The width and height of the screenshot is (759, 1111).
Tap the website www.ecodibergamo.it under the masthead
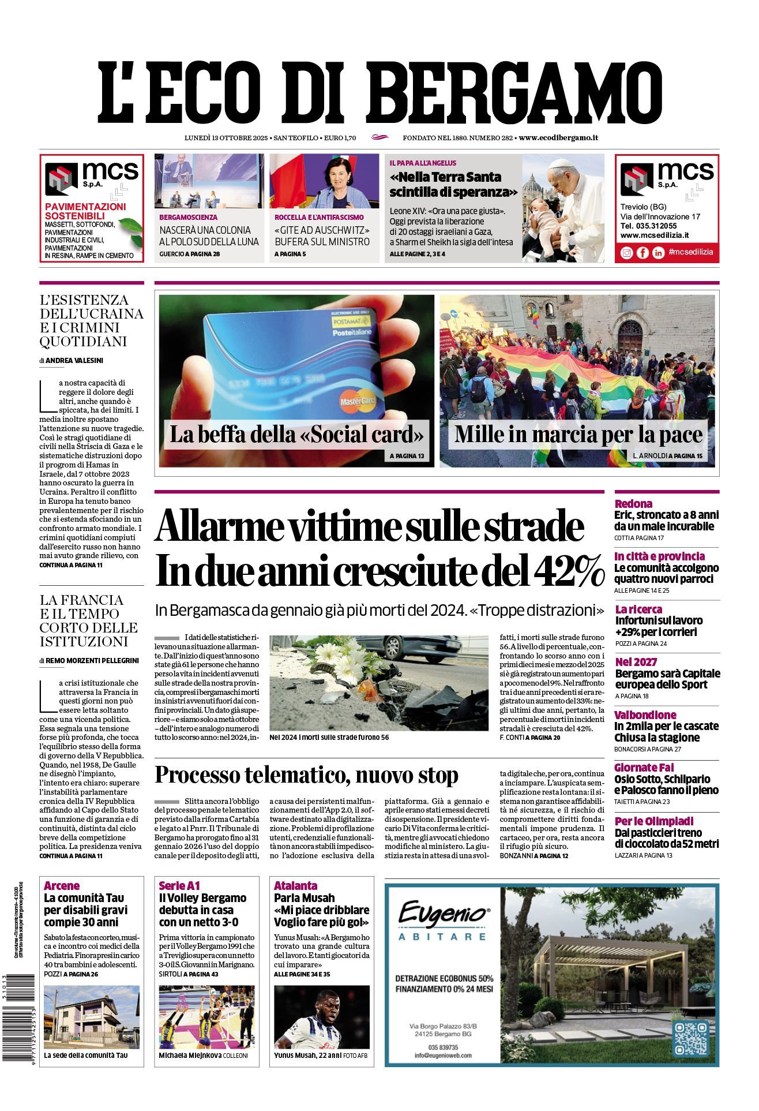coord(558,138)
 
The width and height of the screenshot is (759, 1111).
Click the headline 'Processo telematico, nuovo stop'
coord(306,775)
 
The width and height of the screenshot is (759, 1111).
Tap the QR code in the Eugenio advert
coord(691,1038)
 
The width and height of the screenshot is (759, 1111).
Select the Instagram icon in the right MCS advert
coord(626,253)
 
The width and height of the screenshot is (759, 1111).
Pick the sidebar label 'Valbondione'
coord(645,715)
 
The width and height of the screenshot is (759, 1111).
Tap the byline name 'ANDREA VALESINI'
coord(74,361)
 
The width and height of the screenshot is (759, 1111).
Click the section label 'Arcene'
coord(62,885)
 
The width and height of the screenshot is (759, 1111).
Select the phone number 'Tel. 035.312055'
coord(648,226)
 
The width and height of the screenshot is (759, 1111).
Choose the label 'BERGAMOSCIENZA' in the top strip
coord(189,218)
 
